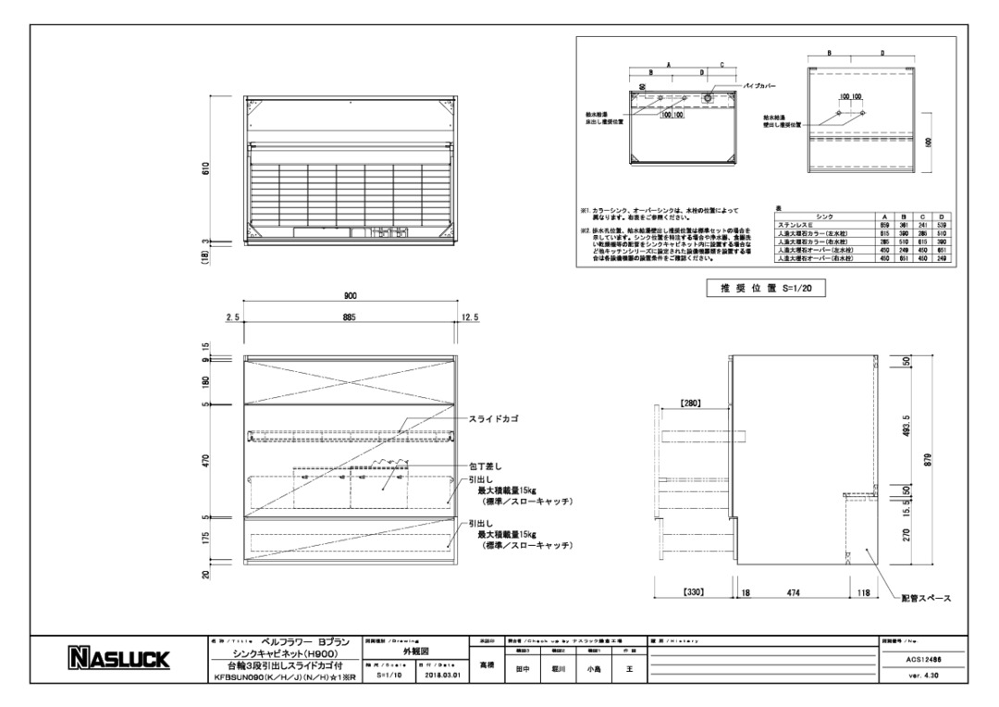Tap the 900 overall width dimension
click(350, 296)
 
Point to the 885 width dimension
click(350, 317)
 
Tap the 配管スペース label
click(926, 598)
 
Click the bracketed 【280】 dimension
click(692, 403)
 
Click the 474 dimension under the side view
click(793, 590)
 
